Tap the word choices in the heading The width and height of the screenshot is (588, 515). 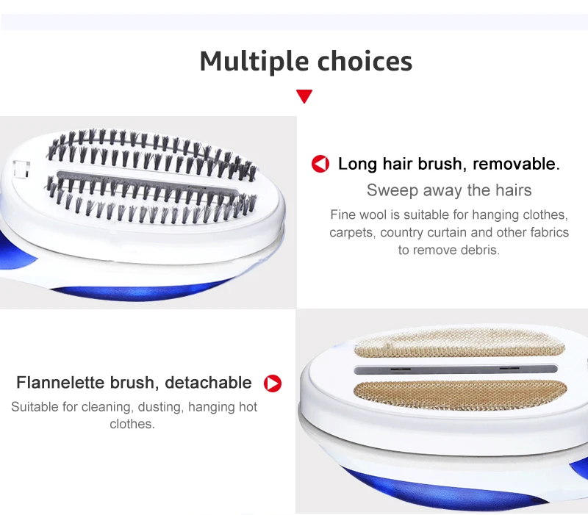tap(365, 61)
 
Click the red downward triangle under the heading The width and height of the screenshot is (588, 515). tap(304, 96)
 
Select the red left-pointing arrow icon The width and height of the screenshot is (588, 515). tap(320, 164)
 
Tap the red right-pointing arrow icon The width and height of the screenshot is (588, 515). tap(273, 383)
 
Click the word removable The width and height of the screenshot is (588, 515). tap(516, 164)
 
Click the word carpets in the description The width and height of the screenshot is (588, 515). tap(352, 232)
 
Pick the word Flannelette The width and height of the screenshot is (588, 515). tap(61, 383)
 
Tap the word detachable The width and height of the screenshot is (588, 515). tap(208, 383)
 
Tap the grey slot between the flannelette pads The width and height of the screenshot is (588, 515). tap(456, 370)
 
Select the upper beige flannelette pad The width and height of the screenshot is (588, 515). tap(459, 342)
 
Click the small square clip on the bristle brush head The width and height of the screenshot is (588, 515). tap(21, 170)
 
